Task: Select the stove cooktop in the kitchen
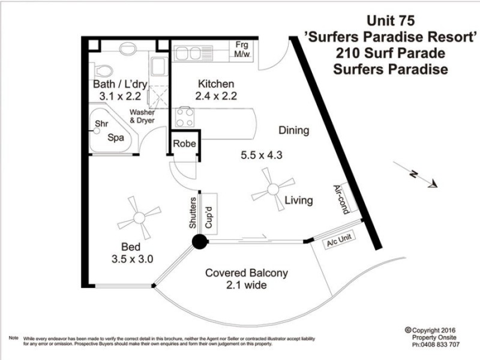[184, 116]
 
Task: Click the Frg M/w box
[243, 50]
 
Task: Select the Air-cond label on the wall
[345, 197]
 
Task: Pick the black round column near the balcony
[199, 242]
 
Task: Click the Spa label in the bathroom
[115, 137]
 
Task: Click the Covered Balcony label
[247, 273]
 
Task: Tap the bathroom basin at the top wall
[128, 48]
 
